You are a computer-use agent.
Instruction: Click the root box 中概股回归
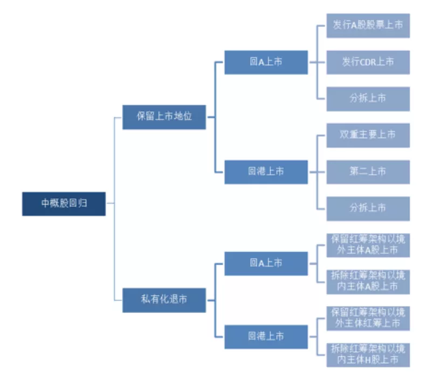[64, 203]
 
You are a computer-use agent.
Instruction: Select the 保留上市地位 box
[164, 117]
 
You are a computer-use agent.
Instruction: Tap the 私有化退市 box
[164, 300]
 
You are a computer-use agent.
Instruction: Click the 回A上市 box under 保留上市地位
[266, 62]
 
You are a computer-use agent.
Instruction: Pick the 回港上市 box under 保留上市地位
[266, 172]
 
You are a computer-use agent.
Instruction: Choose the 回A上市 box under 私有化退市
[266, 263]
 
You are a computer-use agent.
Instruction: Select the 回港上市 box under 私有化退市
[266, 336]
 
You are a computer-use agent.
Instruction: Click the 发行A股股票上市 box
[368, 25]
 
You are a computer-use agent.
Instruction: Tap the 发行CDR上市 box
[368, 62]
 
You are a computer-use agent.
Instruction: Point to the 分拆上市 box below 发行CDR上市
[368, 98]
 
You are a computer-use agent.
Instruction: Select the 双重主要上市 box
[368, 135]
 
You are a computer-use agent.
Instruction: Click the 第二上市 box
[368, 172]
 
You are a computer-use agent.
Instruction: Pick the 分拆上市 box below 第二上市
[368, 208]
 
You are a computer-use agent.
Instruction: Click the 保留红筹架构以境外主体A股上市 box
[368, 245]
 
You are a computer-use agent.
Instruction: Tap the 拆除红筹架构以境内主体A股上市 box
[368, 281]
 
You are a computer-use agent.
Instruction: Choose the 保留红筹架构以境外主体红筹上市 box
[368, 318]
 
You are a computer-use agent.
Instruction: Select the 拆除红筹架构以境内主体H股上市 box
[368, 355]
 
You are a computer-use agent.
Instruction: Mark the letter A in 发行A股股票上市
[355, 25]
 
